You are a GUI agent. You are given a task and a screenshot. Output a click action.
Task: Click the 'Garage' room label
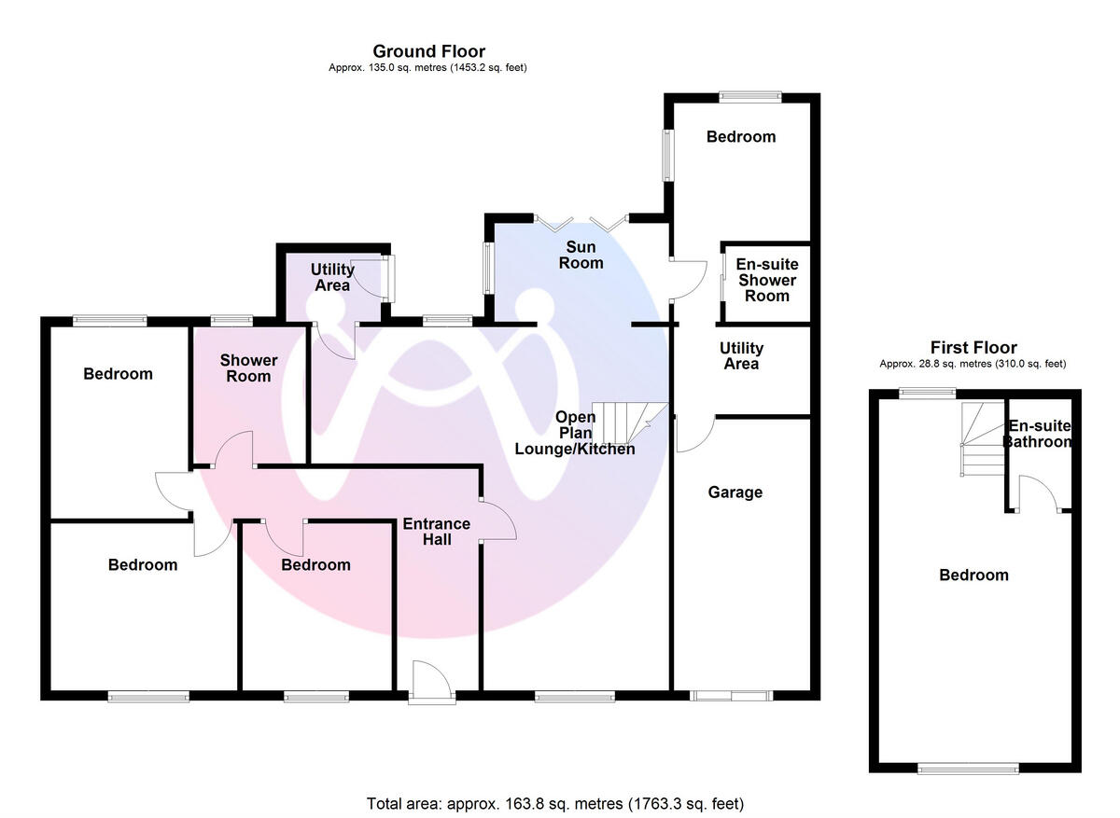[735, 492]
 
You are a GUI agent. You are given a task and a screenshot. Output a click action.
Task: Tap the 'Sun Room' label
[581, 255]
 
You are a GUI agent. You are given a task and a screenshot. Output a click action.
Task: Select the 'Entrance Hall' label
[437, 532]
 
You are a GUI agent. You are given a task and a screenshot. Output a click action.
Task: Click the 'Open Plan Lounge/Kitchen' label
[575, 433]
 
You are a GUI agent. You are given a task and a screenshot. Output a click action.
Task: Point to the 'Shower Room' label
[248, 368]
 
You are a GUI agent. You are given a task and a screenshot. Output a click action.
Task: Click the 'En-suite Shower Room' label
[766, 280]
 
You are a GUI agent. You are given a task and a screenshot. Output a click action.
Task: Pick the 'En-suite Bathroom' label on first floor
[1038, 434]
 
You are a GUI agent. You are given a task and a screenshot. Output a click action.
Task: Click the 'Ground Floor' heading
[428, 51]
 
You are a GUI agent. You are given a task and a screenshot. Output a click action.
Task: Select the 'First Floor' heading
[973, 348]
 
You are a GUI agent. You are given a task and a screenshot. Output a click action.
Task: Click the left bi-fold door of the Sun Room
[558, 222]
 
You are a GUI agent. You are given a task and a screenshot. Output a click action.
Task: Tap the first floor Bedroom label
[973, 575]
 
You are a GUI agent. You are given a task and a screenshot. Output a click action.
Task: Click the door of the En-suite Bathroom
[1038, 494]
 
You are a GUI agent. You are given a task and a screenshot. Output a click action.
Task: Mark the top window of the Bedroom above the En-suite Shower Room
[750, 94]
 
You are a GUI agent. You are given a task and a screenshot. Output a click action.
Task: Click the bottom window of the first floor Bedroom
[968, 769]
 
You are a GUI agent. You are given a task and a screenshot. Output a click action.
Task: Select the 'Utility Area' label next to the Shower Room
[332, 277]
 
